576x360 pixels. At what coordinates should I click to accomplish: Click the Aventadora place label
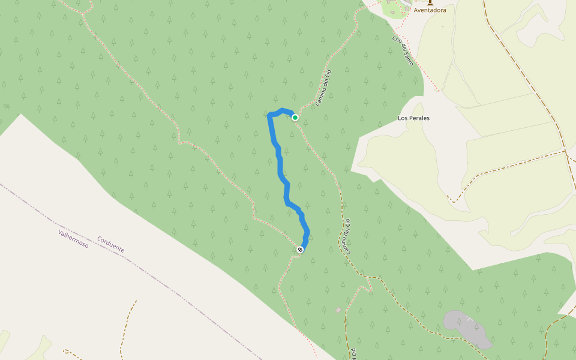coord(430,10)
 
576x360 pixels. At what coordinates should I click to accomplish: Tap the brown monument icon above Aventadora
coord(430,2)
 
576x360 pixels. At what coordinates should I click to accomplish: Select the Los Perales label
coord(413,118)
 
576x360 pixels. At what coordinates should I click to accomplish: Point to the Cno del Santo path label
coord(403,51)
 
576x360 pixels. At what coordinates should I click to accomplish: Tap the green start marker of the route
coord(295,118)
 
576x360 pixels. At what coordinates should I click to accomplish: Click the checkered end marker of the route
coord(300,250)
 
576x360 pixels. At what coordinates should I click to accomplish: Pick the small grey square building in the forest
coord(338,310)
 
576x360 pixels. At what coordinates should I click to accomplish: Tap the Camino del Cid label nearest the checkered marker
coord(346,236)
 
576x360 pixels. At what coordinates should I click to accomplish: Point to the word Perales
coord(419,118)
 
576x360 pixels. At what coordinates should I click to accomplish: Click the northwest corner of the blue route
coord(269,115)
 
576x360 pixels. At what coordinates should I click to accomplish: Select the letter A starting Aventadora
coord(416,10)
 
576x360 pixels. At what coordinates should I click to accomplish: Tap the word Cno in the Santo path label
coord(397,41)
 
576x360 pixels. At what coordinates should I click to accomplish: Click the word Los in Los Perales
coord(403,118)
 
